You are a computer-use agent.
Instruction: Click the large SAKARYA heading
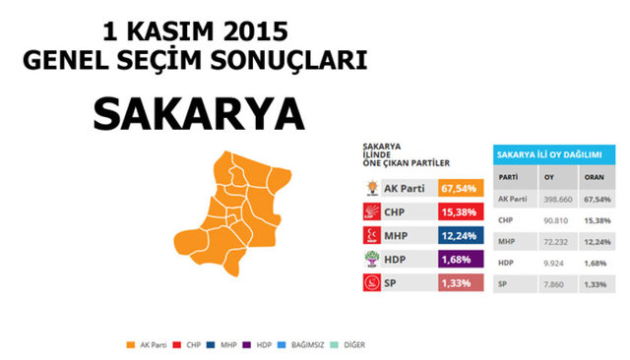198,114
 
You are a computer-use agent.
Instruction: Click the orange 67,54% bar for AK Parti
461,187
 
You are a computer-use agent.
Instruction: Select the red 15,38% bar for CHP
461,211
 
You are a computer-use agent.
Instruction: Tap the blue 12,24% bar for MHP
461,236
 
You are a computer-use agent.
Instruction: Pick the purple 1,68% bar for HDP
461,260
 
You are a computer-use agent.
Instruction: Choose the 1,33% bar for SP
461,283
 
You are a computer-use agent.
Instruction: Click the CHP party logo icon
372,211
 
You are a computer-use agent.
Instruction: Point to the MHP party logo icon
372,236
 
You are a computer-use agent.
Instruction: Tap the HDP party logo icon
372,260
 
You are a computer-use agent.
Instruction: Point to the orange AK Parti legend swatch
131,345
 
